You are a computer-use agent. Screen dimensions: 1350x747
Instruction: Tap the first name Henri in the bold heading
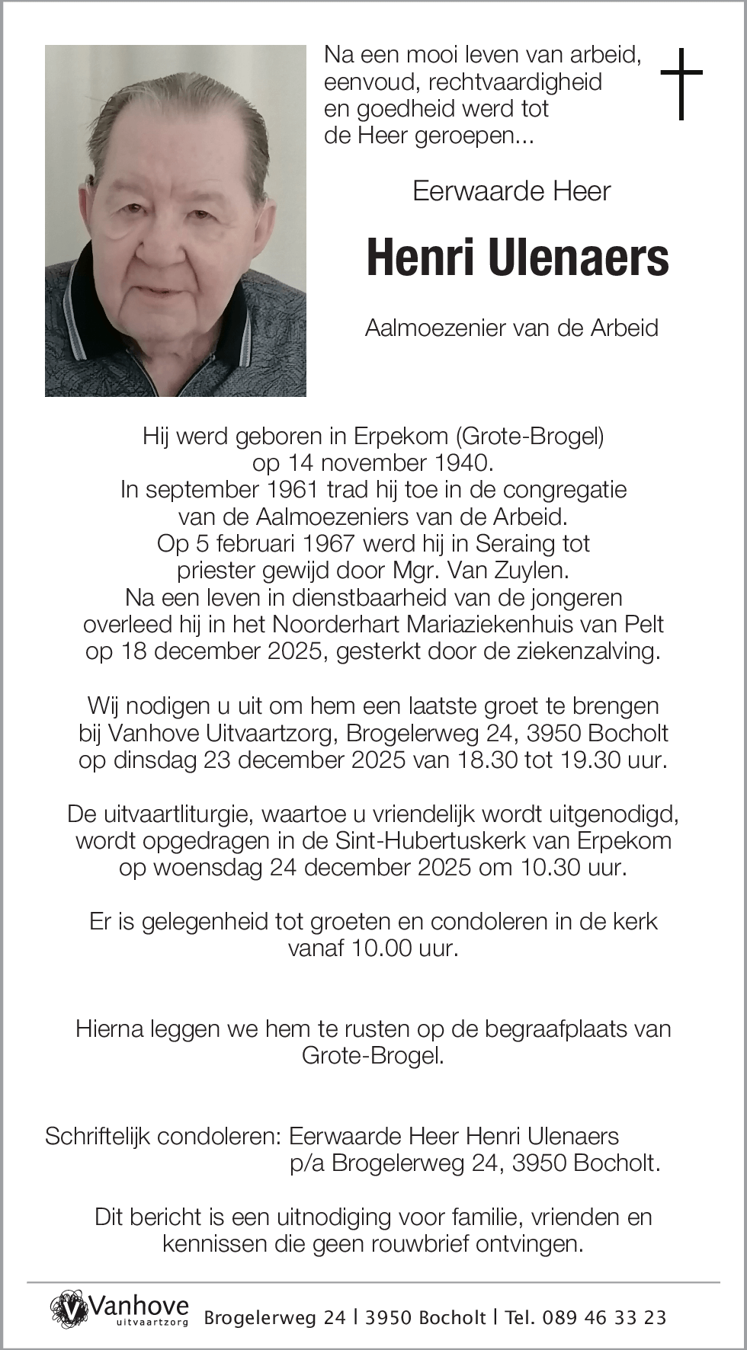pyautogui.click(x=422, y=258)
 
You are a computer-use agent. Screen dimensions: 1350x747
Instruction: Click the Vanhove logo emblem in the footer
pyautogui.click(x=69, y=1309)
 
